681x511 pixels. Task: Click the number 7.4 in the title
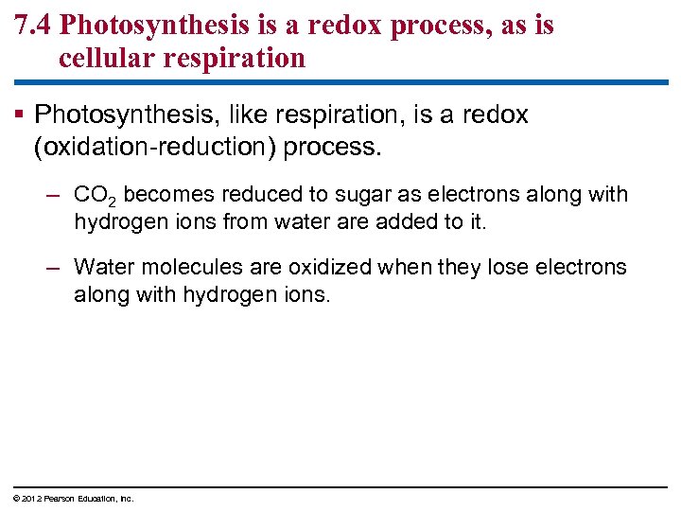point(33,26)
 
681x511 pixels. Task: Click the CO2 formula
point(95,196)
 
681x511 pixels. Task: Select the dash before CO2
point(54,196)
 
